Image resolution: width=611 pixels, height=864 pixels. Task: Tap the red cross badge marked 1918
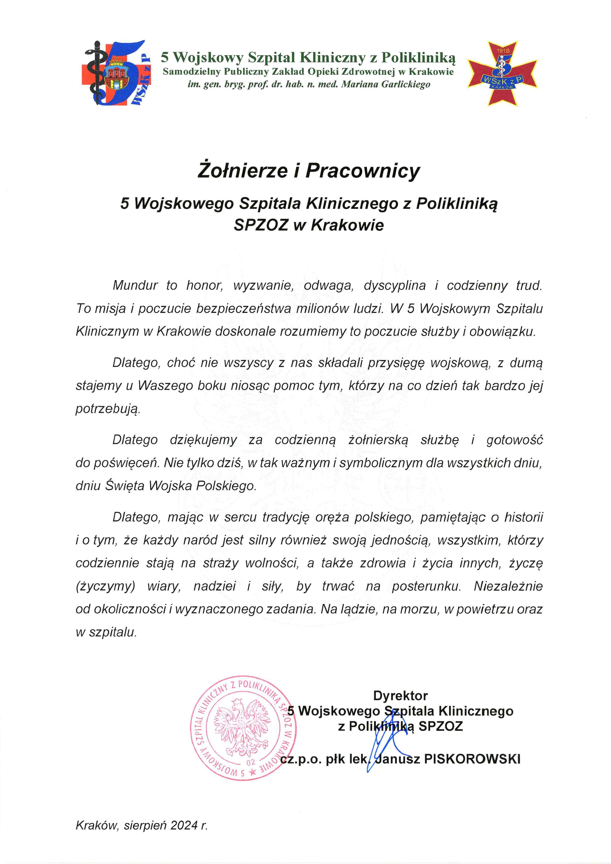(x=503, y=74)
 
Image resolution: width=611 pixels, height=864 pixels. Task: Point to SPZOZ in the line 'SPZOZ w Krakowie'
(x=261, y=225)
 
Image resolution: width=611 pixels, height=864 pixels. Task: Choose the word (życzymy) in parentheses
(x=105, y=587)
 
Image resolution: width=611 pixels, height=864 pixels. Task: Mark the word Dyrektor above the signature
(x=400, y=696)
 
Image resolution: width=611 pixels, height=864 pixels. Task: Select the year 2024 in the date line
(x=184, y=826)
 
